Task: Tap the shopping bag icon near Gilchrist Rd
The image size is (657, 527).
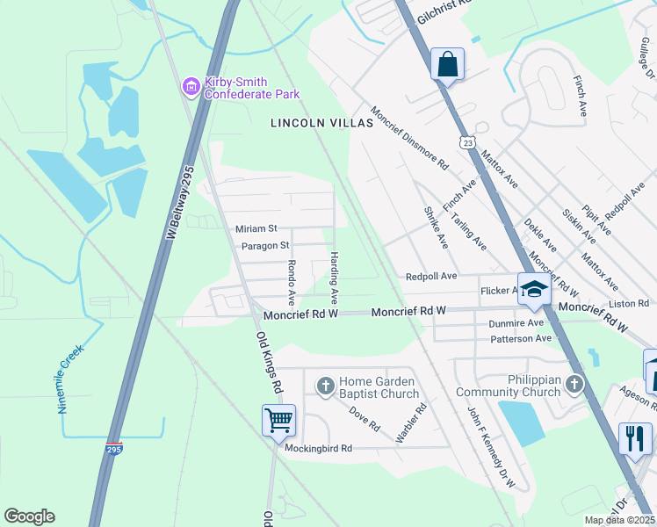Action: (x=447, y=64)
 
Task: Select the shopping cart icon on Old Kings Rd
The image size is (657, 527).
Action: (x=278, y=420)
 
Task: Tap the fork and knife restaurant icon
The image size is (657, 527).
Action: (x=635, y=437)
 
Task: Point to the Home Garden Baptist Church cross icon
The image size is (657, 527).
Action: (x=325, y=386)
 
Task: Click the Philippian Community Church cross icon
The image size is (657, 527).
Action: (x=574, y=384)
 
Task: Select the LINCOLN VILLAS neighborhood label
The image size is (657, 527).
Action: (x=321, y=124)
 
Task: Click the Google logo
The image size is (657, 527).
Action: (x=29, y=516)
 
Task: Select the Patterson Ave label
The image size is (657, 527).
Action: (x=520, y=338)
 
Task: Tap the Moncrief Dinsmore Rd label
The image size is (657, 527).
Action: (x=409, y=139)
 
